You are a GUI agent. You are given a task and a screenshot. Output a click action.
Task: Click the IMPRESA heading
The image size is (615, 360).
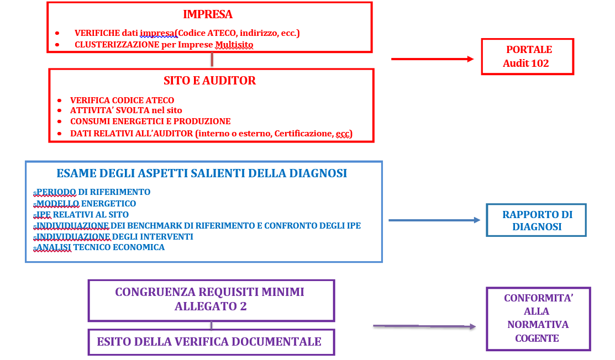tap(207, 14)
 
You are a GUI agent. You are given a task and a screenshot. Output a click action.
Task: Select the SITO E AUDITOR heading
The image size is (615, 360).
tap(209, 81)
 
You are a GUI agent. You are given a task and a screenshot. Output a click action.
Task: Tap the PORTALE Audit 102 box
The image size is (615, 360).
tap(527, 56)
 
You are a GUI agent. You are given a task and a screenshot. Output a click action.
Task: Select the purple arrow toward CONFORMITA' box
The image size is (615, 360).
tap(424, 327)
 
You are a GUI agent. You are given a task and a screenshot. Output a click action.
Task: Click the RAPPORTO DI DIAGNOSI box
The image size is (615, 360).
tap(537, 220)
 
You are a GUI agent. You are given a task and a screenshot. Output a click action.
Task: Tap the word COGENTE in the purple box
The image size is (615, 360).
tap(537, 338)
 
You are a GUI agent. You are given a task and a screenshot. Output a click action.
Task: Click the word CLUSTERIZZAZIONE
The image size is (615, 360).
tap(117, 45)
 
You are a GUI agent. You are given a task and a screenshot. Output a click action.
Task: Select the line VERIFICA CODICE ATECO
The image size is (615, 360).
tap(122, 100)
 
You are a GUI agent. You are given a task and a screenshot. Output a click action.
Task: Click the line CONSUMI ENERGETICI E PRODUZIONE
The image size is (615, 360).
tap(150, 121)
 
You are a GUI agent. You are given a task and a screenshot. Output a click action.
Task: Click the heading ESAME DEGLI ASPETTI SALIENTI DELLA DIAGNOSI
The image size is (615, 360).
tap(202, 173)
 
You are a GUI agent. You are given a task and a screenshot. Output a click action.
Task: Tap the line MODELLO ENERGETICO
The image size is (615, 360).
tap(86, 204)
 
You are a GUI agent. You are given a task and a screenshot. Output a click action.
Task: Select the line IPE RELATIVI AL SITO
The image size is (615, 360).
tap(82, 214)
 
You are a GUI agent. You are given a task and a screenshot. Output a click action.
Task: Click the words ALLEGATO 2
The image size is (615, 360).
tap(211, 306)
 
